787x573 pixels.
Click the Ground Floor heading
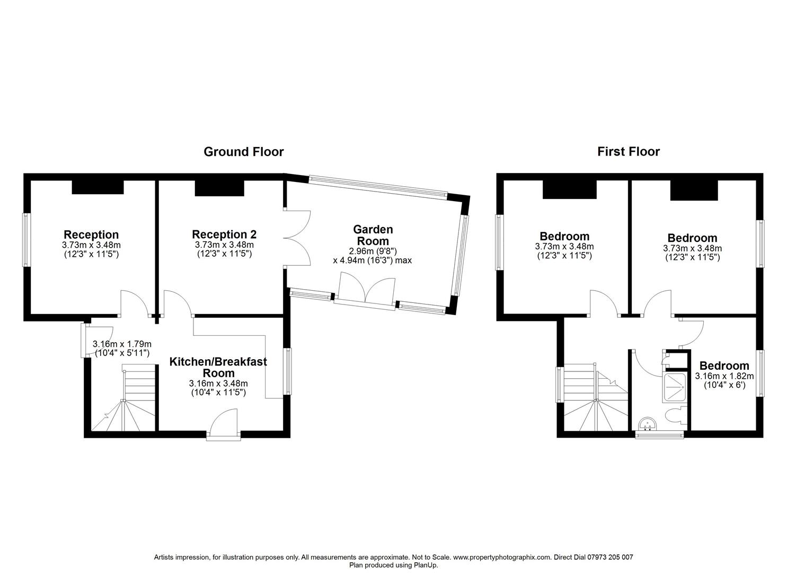[243, 152]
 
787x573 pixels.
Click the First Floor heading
[629, 152]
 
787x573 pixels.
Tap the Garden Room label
[373, 236]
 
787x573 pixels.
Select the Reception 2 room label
[224, 235]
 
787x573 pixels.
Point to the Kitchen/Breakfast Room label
[218, 367]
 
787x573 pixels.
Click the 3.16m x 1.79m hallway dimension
[122, 348]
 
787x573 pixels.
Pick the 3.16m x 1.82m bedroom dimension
[724, 380]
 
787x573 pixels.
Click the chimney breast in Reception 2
[219, 188]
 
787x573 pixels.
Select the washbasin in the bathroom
[647, 424]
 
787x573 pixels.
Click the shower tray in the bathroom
[674, 388]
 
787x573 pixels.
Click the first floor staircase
[596, 397]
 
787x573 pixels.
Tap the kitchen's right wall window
[287, 371]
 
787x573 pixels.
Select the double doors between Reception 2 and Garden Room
[297, 238]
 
